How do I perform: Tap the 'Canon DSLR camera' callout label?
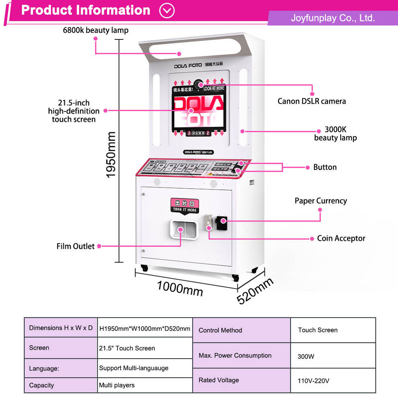(x=311, y=101)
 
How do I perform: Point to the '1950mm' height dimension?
(x=111, y=155)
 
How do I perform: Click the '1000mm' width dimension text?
(x=180, y=287)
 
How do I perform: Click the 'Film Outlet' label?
(x=75, y=246)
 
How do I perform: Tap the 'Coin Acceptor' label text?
(x=341, y=238)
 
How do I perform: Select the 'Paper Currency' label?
(x=320, y=201)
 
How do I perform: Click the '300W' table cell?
(x=306, y=356)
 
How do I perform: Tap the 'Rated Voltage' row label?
(x=218, y=380)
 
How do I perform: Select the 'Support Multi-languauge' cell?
(x=133, y=368)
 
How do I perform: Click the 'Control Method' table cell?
(x=220, y=330)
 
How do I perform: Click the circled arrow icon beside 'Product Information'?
(x=167, y=10)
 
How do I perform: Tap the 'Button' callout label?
(x=325, y=167)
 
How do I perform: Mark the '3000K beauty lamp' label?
(x=335, y=134)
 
